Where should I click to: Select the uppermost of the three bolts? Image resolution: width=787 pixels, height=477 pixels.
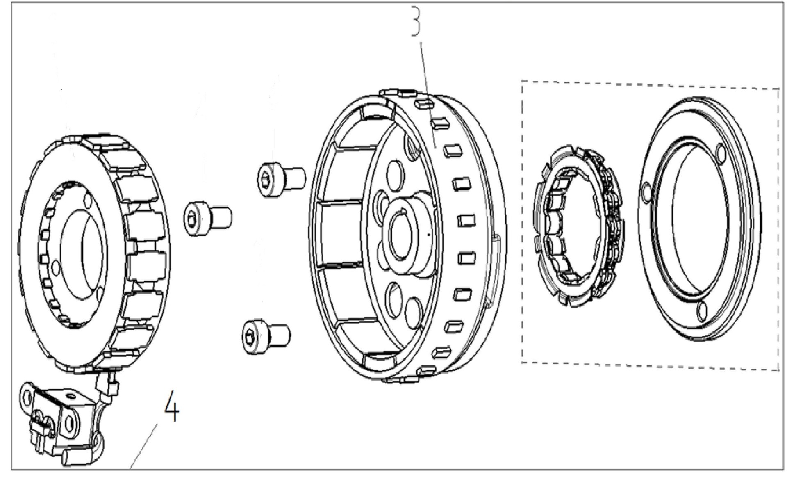point(282,179)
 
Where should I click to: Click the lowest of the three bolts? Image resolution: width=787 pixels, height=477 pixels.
point(266,336)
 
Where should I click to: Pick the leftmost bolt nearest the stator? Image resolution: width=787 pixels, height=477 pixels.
point(208,218)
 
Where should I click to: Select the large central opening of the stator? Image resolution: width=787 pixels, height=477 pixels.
point(84,255)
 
